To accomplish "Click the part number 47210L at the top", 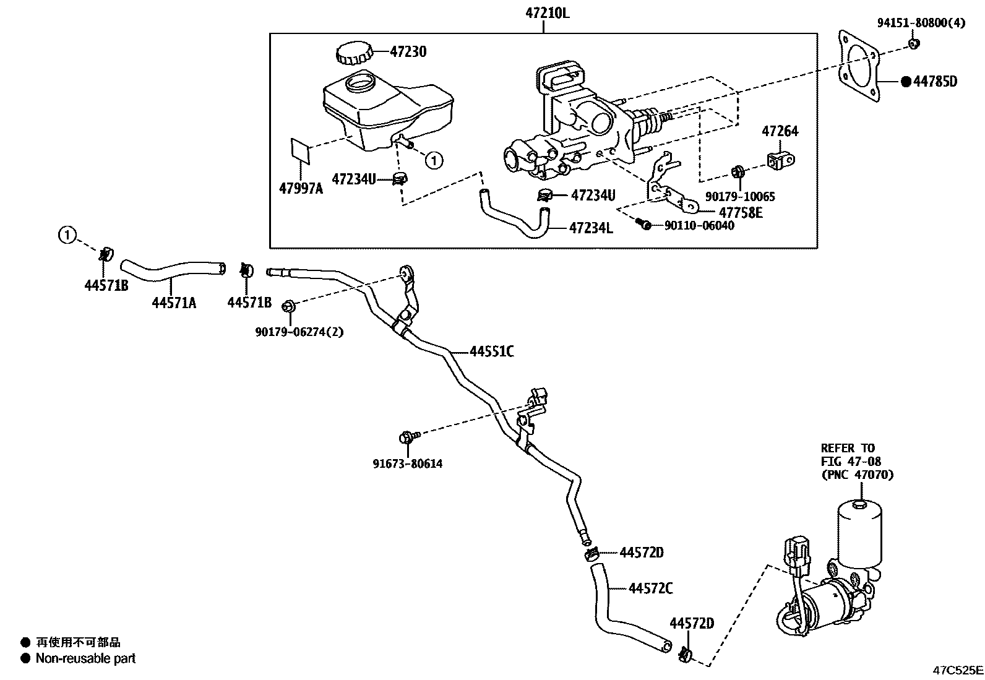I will pyautogui.click(x=544, y=11).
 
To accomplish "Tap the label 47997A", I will pyautogui.click(x=301, y=189).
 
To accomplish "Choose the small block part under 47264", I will pyautogui.click(x=781, y=158).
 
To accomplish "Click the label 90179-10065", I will pyautogui.click(x=740, y=197).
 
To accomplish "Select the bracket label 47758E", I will pyautogui.click(x=741, y=212).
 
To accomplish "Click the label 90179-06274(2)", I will pyautogui.click(x=299, y=332).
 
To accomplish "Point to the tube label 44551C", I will pyautogui.click(x=491, y=352).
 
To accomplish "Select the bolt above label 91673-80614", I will pyautogui.click(x=406, y=438).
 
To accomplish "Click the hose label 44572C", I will pyautogui.click(x=650, y=588).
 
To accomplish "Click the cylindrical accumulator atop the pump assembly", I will pyautogui.click(x=860, y=530).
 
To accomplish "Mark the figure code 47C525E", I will pyautogui.click(x=958, y=670).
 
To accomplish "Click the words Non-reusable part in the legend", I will pyautogui.click(x=85, y=658).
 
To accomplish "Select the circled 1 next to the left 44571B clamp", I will pyautogui.click(x=67, y=235).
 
